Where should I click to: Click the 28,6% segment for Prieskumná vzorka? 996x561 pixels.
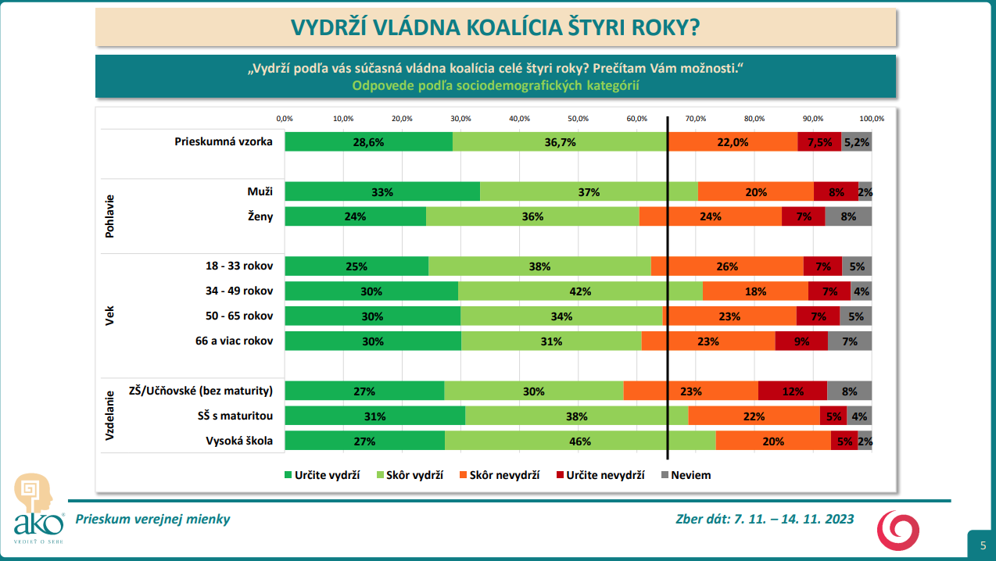[368, 142]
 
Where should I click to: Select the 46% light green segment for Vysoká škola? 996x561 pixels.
[580, 441]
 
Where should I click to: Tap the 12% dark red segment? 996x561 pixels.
[792, 391]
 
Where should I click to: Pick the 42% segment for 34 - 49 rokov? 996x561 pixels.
[580, 291]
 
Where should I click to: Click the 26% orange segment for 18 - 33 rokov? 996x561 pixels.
[727, 266]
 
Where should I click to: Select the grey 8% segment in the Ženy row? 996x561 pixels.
[848, 216]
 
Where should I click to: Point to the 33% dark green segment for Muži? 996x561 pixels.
[382, 192]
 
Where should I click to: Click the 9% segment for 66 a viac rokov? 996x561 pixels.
[801, 341]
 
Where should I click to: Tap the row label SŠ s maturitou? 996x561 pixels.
[236, 416]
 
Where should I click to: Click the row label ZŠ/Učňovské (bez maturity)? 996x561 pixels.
[200, 391]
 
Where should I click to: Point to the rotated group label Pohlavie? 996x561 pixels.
[109, 216]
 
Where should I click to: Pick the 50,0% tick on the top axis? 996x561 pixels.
[578, 119]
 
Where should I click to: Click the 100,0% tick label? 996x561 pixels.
[872, 119]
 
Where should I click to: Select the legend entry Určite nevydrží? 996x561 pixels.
[600, 474]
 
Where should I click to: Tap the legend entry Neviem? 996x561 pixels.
[686, 474]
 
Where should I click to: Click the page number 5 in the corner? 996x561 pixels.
[983, 545]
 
